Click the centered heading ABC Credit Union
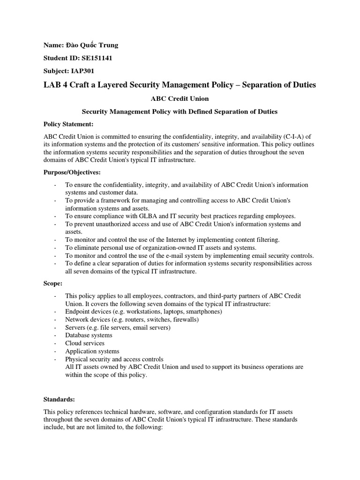tap(180, 99)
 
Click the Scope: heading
tap(53, 284)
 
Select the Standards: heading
tap(59, 399)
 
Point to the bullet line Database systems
tap(89, 335)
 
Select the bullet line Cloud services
tap(85, 343)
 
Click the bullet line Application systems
tap(92, 351)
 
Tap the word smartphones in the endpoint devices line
tap(203, 311)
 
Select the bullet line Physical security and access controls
tap(114, 359)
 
